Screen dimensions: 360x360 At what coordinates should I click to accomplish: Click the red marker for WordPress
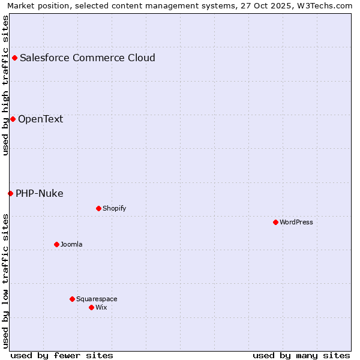[x=275, y=222]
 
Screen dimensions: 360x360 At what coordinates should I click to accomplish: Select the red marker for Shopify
[x=98, y=208]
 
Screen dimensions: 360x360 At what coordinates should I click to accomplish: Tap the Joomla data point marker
[x=56, y=244]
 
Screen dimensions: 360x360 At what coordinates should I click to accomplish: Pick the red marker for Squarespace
[x=72, y=299]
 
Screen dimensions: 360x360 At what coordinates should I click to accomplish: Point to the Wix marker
[x=91, y=307]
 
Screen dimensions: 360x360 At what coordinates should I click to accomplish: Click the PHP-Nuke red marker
[x=10, y=193]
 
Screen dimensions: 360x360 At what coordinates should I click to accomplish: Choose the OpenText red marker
[x=13, y=119]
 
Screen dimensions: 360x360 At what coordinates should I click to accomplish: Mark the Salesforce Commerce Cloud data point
[x=14, y=58]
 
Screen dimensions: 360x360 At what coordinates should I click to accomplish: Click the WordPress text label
[x=296, y=222]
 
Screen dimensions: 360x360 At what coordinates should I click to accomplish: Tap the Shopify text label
[x=115, y=208]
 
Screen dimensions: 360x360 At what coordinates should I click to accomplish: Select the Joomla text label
[x=71, y=244]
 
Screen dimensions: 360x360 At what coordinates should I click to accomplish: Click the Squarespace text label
[x=97, y=299]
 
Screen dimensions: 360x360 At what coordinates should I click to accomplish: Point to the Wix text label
[x=101, y=307]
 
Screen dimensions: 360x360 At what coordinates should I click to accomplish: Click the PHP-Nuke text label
[x=40, y=193]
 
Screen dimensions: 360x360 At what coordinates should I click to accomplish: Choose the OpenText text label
[x=40, y=119]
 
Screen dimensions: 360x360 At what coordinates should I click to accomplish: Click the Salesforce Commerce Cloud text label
[x=88, y=58]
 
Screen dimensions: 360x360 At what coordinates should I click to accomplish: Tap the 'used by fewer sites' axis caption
[x=62, y=355]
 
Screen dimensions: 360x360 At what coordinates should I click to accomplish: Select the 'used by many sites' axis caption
[x=301, y=355]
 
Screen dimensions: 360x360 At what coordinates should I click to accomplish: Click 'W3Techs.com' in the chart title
[x=327, y=6]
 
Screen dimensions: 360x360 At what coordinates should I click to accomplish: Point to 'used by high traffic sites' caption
[x=6, y=85]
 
